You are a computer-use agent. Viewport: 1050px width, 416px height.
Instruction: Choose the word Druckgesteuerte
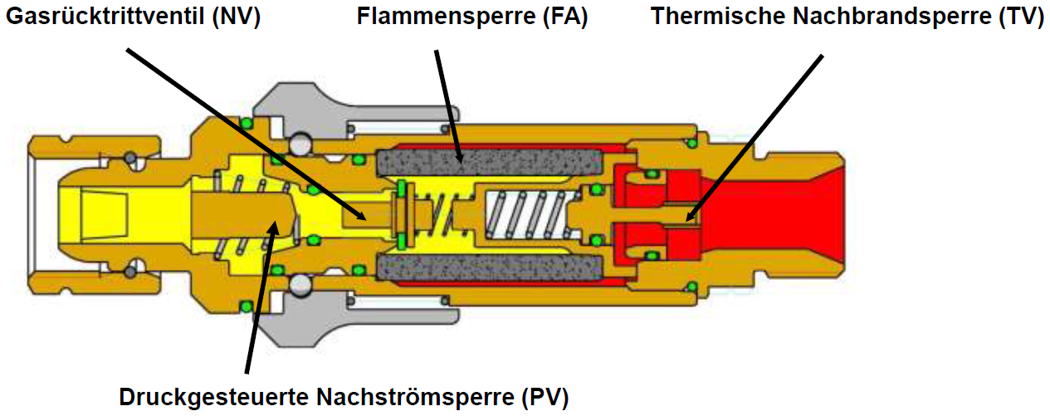click(x=203, y=396)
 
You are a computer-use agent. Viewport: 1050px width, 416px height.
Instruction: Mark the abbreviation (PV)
click(x=546, y=396)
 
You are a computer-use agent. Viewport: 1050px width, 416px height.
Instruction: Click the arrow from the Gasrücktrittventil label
click(x=249, y=133)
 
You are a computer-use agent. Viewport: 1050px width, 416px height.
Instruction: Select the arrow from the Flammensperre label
click(x=446, y=100)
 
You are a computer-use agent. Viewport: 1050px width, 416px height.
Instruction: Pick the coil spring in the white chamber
click(x=524, y=214)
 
